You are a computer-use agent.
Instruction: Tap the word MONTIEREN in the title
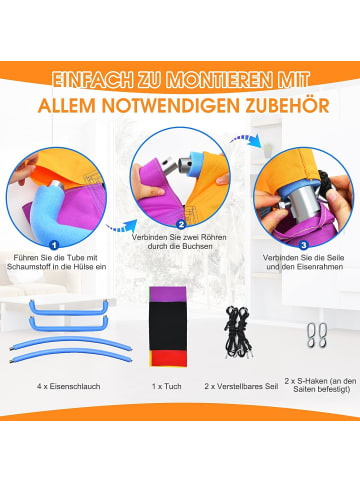click(x=219, y=80)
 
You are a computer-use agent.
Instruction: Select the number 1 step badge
click(x=54, y=245)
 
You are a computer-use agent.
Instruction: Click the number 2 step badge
click(x=181, y=225)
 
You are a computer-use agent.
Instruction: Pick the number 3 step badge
click(x=303, y=245)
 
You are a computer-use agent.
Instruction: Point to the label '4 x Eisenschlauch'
click(x=69, y=386)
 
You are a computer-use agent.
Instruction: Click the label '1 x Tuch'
click(x=167, y=386)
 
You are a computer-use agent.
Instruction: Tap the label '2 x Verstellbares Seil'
click(x=241, y=386)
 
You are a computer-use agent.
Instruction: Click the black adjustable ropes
click(x=238, y=333)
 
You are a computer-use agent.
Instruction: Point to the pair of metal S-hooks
click(x=317, y=335)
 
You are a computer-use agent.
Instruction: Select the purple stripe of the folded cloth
click(x=167, y=294)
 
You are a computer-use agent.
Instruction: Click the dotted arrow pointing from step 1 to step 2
click(x=122, y=226)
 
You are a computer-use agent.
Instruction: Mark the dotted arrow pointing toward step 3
click(x=246, y=140)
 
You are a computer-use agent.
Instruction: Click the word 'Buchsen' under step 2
click(x=198, y=247)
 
